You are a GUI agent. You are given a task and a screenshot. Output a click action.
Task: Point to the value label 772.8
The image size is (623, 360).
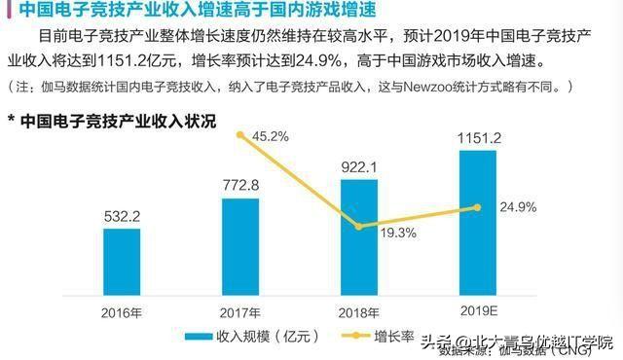240,185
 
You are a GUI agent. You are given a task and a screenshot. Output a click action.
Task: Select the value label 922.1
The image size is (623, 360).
360,166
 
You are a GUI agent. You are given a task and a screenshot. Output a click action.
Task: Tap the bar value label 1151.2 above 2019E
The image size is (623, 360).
477,138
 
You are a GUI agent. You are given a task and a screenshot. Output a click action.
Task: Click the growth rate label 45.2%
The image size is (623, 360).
269,137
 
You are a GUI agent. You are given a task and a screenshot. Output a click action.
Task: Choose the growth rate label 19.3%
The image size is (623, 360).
397,233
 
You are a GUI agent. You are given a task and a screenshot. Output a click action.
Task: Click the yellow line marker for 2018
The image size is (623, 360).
360,226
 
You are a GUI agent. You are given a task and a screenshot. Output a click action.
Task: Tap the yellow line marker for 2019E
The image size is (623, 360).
477,207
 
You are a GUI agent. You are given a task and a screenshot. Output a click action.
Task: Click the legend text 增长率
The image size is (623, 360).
394,338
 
